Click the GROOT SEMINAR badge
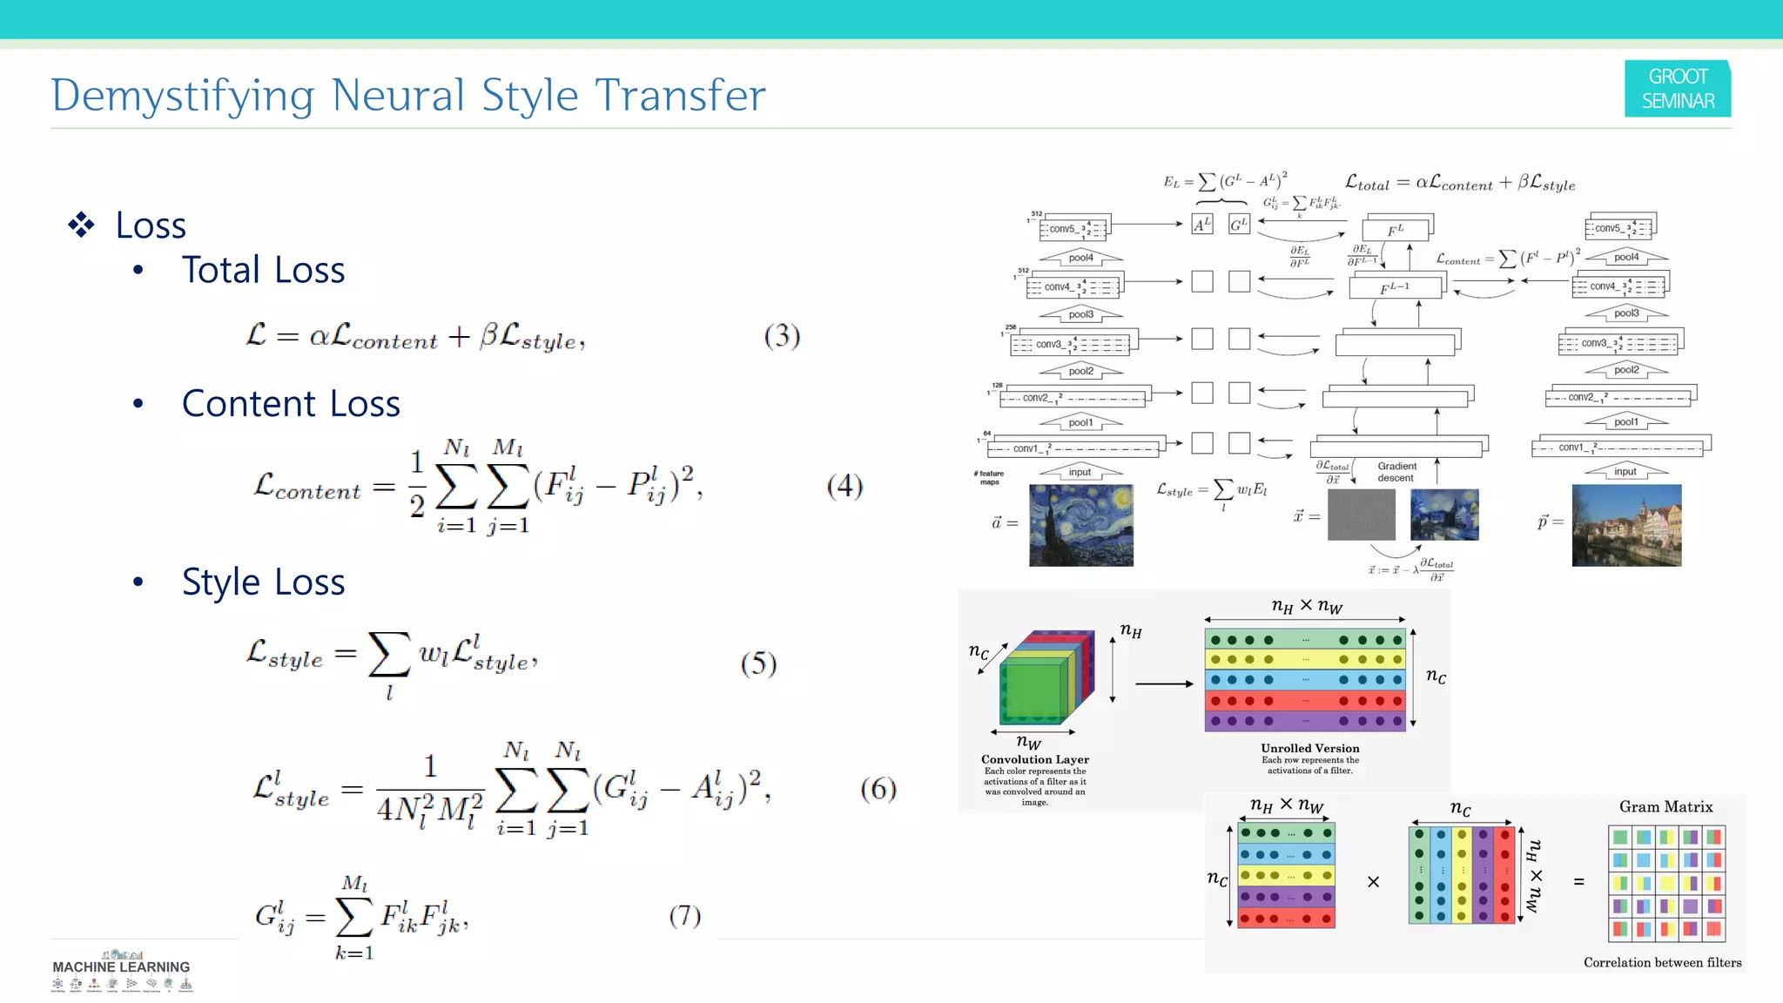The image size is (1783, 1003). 1677,88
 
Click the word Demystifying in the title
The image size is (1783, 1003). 182,96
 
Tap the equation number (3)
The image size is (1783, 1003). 782,336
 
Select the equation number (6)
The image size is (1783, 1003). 878,789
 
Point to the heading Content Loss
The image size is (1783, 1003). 291,403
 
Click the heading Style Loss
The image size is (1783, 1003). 263,582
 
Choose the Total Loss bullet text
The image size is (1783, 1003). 263,270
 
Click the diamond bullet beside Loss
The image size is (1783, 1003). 81,225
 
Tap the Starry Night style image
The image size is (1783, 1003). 1080,525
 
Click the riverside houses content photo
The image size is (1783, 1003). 1626,525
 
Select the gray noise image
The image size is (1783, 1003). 1361,515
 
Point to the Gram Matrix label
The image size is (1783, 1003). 1665,807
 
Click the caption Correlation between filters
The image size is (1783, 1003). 1662,962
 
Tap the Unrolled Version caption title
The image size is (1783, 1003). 1309,748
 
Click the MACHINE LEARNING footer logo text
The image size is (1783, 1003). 121,966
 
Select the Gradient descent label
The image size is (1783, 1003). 1396,472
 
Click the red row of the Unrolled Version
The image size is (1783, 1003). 1304,700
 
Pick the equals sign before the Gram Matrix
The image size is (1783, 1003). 1578,882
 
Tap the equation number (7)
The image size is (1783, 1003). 684,915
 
